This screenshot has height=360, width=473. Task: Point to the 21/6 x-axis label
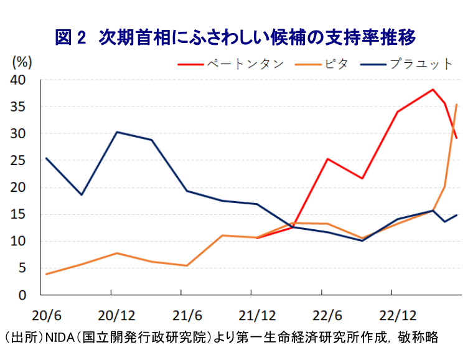click(x=181, y=313)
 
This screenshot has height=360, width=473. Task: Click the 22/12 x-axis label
click(x=391, y=313)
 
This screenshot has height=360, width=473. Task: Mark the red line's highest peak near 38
click(x=433, y=90)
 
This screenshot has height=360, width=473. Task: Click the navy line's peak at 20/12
click(x=117, y=132)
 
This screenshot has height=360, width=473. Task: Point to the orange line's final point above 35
click(x=457, y=105)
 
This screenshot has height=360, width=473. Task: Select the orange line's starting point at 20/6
click(x=47, y=274)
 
